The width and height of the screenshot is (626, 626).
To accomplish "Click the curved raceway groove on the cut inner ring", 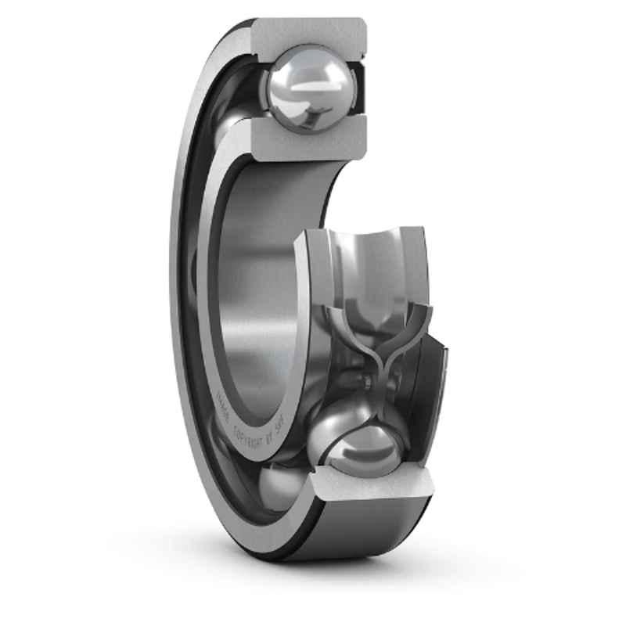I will click(x=368, y=250).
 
